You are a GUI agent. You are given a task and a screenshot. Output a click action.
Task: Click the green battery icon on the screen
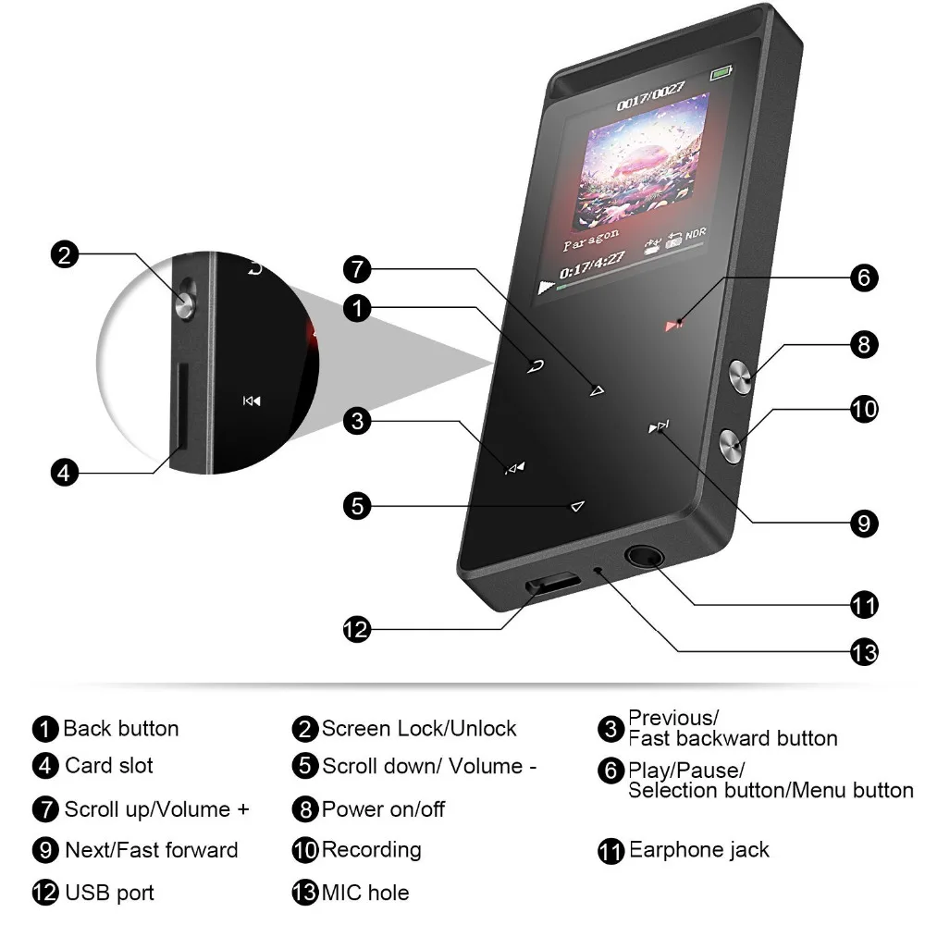pyautogui.click(x=721, y=72)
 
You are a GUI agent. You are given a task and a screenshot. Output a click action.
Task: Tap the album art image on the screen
pyautogui.click(x=640, y=165)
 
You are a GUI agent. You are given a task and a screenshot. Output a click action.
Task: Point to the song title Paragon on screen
pyautogui.click(x=590, y=240)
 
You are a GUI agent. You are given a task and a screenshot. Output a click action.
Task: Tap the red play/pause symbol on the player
pyautogui.click(x=673, y=325)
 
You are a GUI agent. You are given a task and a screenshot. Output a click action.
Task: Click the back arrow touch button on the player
pyautogui.click(x=535, y=366)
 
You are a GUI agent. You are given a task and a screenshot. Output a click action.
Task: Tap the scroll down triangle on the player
pyautogui.click(x=577, y=506)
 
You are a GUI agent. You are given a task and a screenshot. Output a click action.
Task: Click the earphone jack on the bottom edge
pyautogui.click(x=644, y=556)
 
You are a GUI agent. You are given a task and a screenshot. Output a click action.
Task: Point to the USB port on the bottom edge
pyautogui.click(x=552, y=583)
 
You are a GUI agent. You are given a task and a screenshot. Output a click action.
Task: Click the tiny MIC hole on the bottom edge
pyautogui.click(x=598, y=571)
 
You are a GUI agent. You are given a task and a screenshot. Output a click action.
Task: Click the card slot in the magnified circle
pyautogui.click(x=180, y=406)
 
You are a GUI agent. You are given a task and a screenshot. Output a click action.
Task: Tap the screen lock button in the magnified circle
pyautogui.click(x=185, y=299)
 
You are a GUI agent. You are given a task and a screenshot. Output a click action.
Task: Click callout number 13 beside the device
pyautogui.click(x=864, y=652)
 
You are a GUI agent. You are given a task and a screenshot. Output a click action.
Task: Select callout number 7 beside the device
pyautogui.click(x=357, y=269)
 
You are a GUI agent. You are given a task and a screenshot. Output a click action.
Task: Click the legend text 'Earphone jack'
pyautogui.click(x=698, y=849)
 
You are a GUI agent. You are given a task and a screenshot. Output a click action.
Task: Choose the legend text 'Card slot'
pyautogui.click(x=108, y=765)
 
